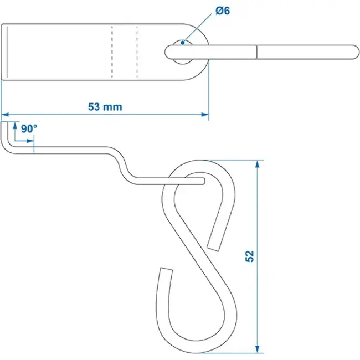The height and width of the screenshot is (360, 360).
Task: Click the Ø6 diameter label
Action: coord(223,11)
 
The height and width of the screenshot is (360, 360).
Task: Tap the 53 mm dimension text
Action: coord(105,107)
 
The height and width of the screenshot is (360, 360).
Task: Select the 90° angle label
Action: coord(29,129)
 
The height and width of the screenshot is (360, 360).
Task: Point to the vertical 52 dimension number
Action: coord(250,256)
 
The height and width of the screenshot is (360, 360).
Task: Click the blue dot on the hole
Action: coord(183,43)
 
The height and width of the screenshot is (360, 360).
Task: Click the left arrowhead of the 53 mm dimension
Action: coord(5,114)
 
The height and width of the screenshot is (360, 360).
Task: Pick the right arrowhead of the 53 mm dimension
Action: coord(205,114)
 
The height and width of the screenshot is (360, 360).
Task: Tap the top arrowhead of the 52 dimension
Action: coord(258,164)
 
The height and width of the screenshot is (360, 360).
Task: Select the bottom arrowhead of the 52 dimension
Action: coord(258,349)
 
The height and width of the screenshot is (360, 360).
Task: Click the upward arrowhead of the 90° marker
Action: coord(15,126)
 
